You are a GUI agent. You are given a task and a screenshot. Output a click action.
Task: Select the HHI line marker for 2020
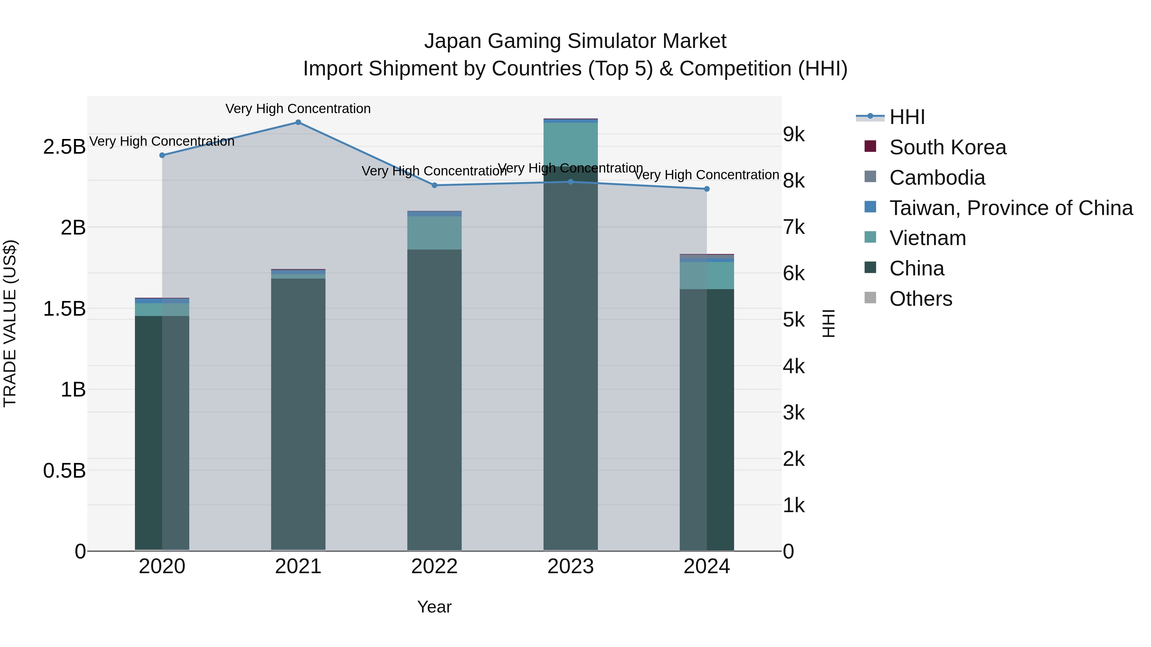162,155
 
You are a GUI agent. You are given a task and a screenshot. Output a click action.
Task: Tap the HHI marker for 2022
434,185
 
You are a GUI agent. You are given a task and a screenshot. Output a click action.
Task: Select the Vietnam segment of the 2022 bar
434,233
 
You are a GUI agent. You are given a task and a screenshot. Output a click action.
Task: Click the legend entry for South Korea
947,147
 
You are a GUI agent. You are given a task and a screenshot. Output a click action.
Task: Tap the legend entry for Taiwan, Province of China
1011,208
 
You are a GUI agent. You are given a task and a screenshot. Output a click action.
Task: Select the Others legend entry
920,299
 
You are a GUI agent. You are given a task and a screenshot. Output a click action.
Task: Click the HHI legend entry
907,117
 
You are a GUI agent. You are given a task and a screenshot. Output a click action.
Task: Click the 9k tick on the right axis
794,135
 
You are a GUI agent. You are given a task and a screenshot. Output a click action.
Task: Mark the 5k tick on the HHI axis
794,320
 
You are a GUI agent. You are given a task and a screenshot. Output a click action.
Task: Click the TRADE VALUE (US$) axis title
10,323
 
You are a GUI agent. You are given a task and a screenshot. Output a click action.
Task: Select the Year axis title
434,607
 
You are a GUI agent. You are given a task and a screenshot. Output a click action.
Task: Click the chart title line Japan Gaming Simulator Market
575,41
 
